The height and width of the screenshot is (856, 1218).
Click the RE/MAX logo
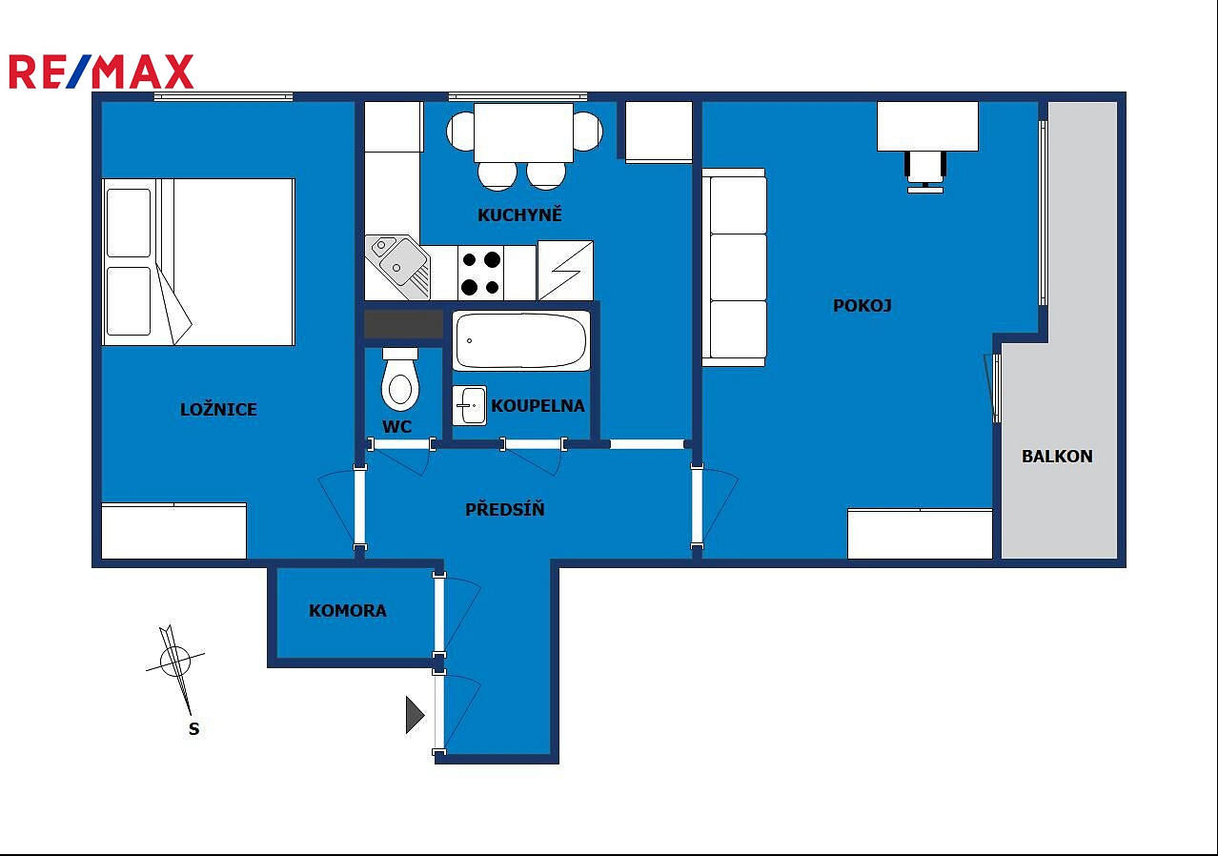point(101,71)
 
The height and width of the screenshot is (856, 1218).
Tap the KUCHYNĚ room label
point(519,214)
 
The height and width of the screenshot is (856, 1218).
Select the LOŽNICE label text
point(218,409)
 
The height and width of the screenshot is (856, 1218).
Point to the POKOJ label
point(863,306)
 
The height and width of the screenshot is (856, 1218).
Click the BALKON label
point(1057,456)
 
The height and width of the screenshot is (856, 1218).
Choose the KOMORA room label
point(348,610)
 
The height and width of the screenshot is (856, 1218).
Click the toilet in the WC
point(400,379)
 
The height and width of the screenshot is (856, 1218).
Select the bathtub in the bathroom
point(521,341)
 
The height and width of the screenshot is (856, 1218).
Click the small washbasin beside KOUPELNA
point(470,405)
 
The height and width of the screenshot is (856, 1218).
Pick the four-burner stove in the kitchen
point(480,273)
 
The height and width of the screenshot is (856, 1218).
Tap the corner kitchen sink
point(397,267)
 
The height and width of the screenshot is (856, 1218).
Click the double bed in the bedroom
point(198,262)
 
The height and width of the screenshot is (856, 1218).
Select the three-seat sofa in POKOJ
point(734,267)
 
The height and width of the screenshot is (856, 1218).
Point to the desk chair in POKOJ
point(925,172)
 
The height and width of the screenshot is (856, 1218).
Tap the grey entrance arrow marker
point(415,715)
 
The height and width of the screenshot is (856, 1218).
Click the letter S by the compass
point(194,728)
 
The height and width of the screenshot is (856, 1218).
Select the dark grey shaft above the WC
point(403,324)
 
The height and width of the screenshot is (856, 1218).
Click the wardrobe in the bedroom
point(174,531)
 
